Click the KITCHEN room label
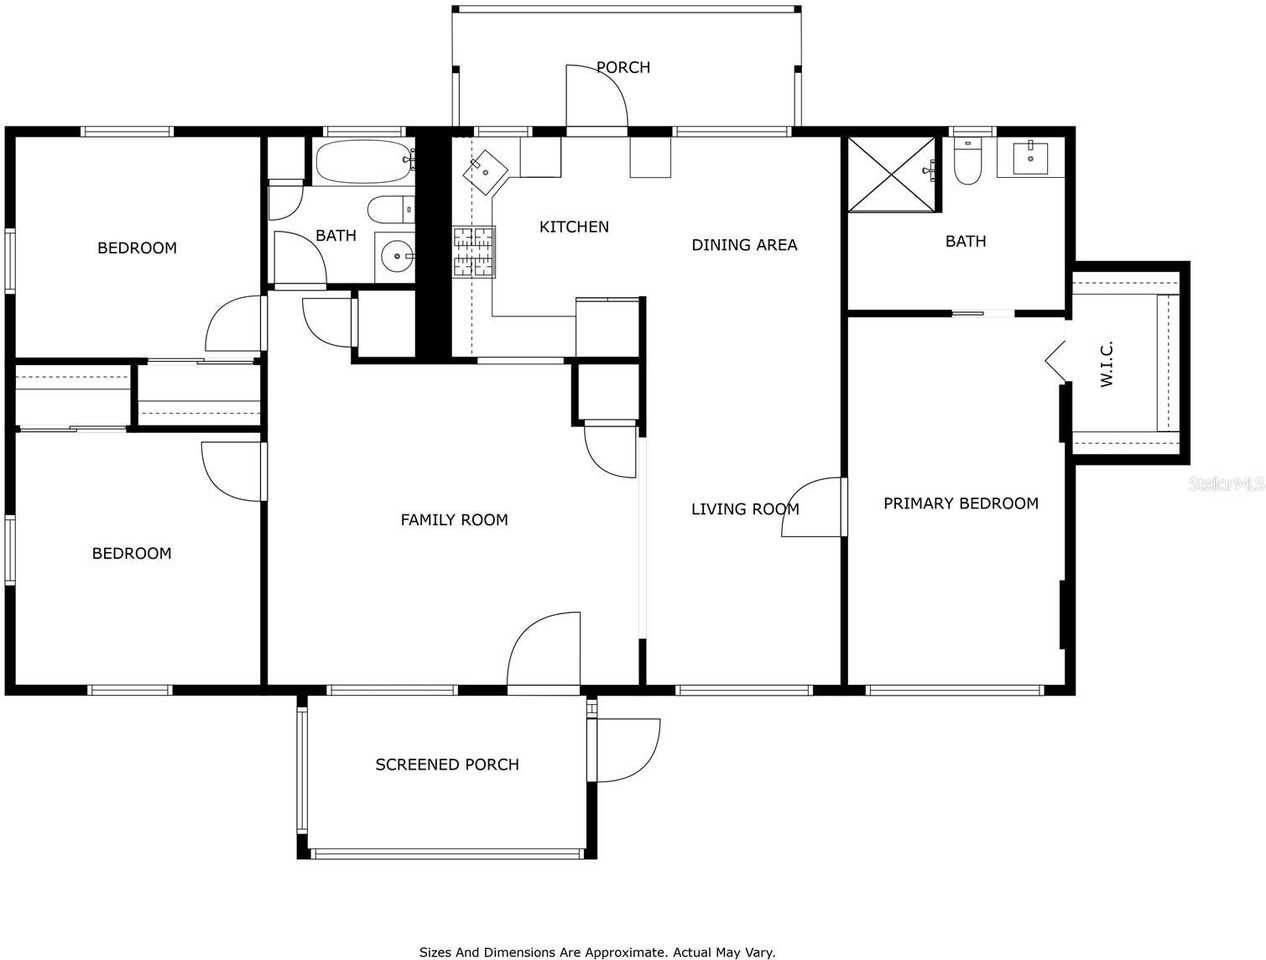[x=574, y=227]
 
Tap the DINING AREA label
[x=744, y=245]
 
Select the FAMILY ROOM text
[x=454, y=520]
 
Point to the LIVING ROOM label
[x=745, y=509]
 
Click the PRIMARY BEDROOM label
[x=960, y=503]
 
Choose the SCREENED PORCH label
[x=447, y=765]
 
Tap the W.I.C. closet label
[x=1106, y=364]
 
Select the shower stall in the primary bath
[x=893, y=174]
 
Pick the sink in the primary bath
[x=1030, y=158]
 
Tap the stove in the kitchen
[x=473, y=252]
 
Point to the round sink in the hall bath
[x=397, y=257]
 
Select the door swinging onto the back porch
[x=596, y=97]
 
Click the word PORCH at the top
[x=623, y=68]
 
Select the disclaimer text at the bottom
[x=597, y=952]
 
